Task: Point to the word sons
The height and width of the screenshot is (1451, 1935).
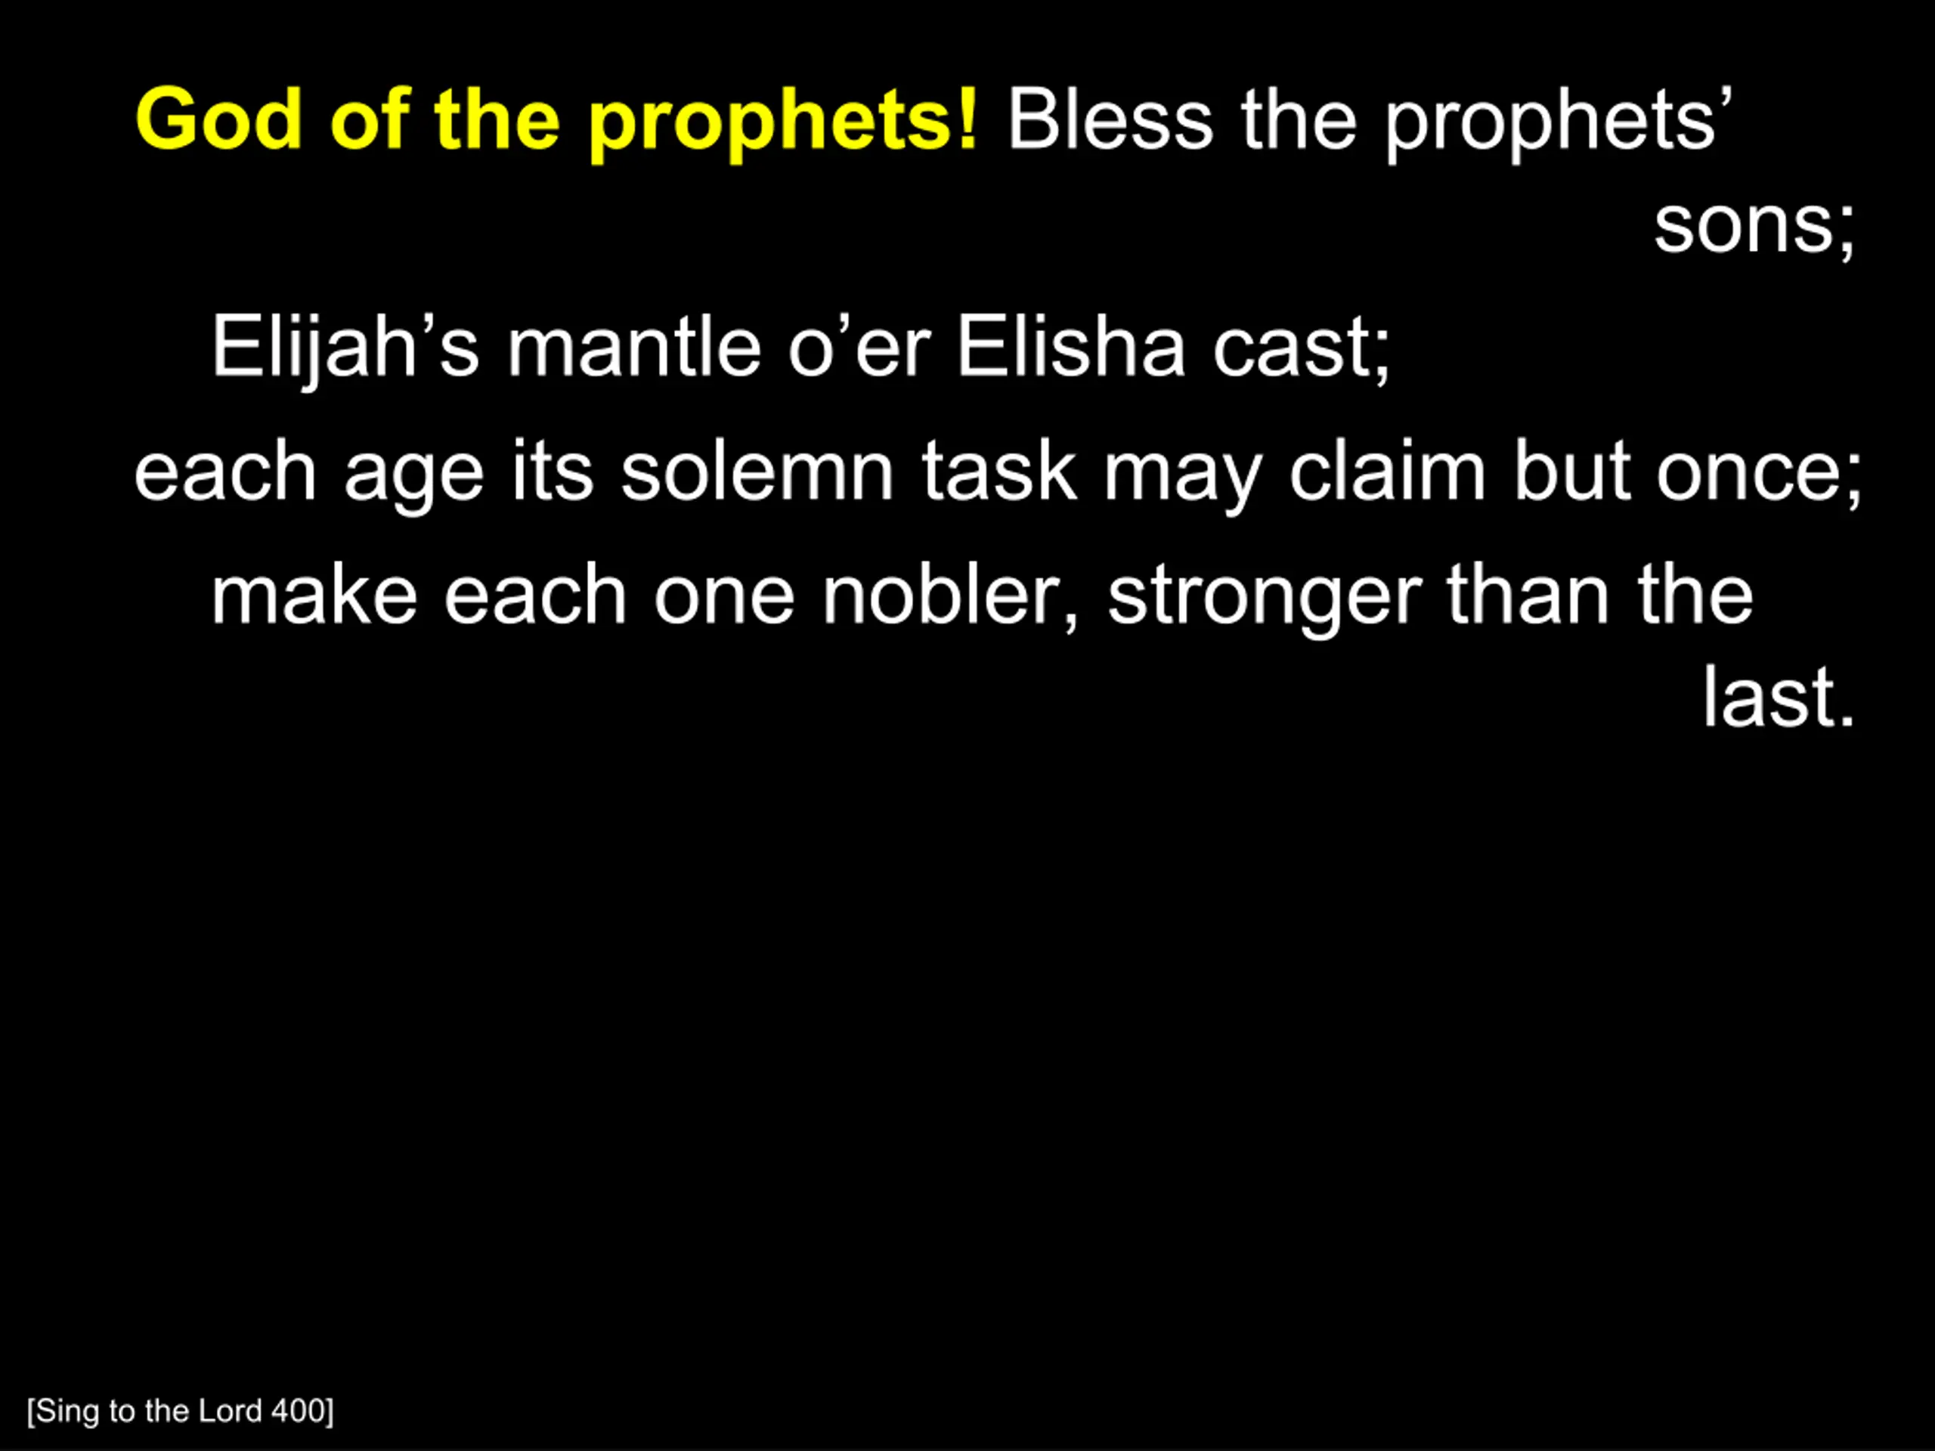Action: pos(1754,227)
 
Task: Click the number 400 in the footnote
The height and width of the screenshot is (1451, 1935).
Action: pos(302,1411)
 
